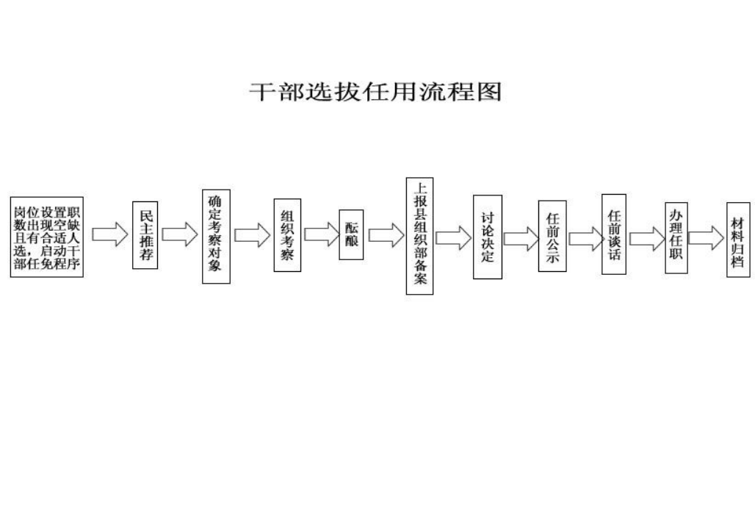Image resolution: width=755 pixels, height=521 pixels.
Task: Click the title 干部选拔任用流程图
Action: [375, 92]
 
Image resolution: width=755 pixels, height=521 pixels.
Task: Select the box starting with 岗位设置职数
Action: [47, 237]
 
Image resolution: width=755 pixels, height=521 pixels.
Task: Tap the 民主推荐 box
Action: [145, 234]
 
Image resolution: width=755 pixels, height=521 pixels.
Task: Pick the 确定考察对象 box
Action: [216, 236]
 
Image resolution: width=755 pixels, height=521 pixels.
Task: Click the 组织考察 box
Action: [287, 234]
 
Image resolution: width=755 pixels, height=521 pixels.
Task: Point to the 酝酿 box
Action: [351, 234]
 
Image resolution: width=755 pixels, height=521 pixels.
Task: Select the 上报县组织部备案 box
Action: [420, 236]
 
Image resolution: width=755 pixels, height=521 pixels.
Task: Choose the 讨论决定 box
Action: [488, 237]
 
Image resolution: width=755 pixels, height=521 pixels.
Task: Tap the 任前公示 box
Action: [552, 236]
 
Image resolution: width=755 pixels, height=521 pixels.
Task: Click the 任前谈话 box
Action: [614, 234]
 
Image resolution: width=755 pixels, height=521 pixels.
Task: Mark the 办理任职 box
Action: [676, 237]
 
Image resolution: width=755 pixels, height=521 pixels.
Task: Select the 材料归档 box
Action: [738, 240]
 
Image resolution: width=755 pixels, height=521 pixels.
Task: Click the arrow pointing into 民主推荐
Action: [110, 234]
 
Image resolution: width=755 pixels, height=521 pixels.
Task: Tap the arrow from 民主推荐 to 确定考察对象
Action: [180, 234]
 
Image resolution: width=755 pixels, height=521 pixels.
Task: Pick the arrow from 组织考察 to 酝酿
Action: [322, 234]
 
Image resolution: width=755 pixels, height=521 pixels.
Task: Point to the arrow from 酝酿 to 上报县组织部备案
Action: [386, 235]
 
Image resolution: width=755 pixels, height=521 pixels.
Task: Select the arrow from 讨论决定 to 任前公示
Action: [521, 239]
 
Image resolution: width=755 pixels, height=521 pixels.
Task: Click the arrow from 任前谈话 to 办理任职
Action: [648, 239]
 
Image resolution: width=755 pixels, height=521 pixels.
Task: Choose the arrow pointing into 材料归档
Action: [707, 238]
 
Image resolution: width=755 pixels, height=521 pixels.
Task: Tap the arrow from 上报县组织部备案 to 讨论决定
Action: [454, 237]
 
